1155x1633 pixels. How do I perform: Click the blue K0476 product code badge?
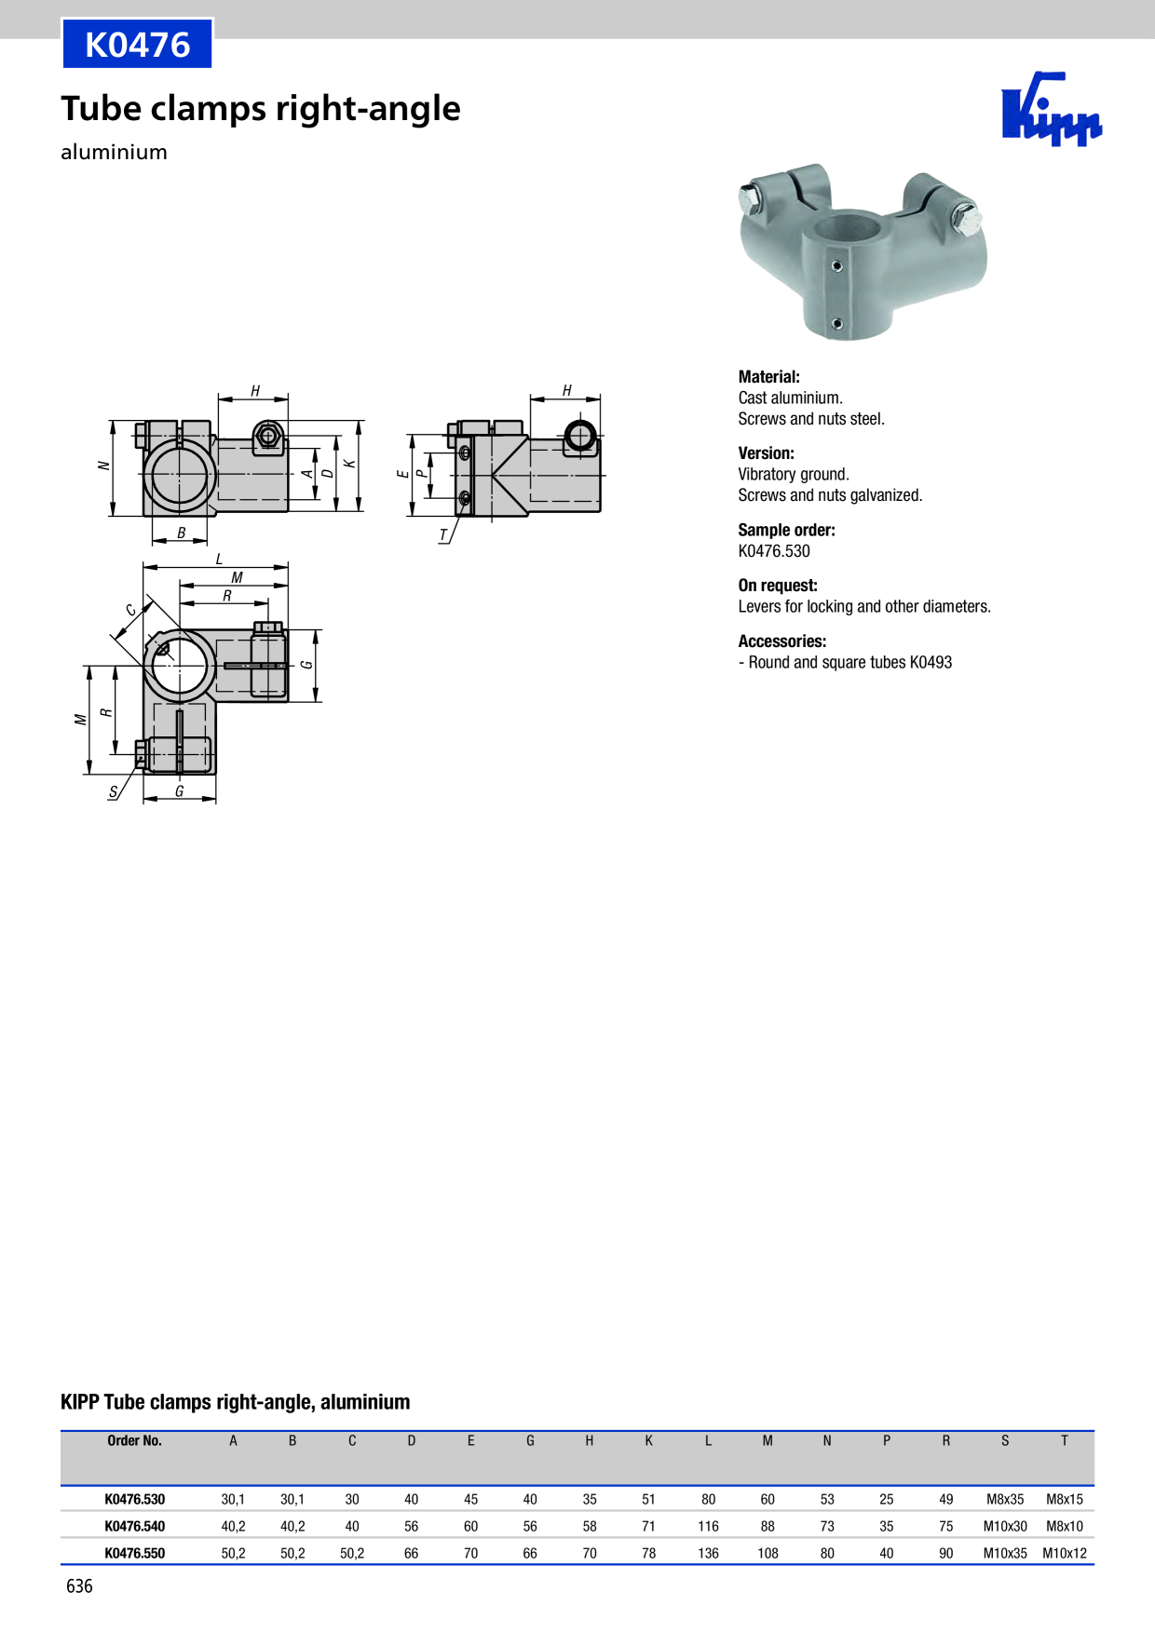[x=138, y=44]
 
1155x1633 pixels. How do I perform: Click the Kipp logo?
[x=1052, y=109]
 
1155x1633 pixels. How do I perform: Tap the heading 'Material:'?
[x=768, y=377]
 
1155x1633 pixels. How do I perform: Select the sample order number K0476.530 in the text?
[x=774, y=551]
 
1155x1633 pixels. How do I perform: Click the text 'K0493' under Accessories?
[x=931, y=663]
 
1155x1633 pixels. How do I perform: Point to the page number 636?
[x=79, y=1586]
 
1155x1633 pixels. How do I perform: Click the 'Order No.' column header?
[x=134, y=1441]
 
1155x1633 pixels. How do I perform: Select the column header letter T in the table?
[x=1065, y=1441]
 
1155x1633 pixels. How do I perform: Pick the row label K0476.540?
[x=135, y=1527]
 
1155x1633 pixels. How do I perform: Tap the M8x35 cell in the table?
[x=1005, y=1500]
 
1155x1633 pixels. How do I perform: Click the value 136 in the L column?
[x=708, y=1554]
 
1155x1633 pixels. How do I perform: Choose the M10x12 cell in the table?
[x=1065, y=1554]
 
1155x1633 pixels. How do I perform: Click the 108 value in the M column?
[x=768, y=1554]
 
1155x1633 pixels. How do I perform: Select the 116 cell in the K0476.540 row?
[x=708, y=1527]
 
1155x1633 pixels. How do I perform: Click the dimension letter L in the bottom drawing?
[x=219, y=559]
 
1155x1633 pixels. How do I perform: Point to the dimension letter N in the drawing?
[x=103, y=466]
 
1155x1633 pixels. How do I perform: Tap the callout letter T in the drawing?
[x=443, y=535]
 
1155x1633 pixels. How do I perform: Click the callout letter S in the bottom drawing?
[x=114, y=792]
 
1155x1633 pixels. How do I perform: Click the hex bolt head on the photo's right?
[x=966, y=220]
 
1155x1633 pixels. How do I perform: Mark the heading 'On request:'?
[x=778, y=586]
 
